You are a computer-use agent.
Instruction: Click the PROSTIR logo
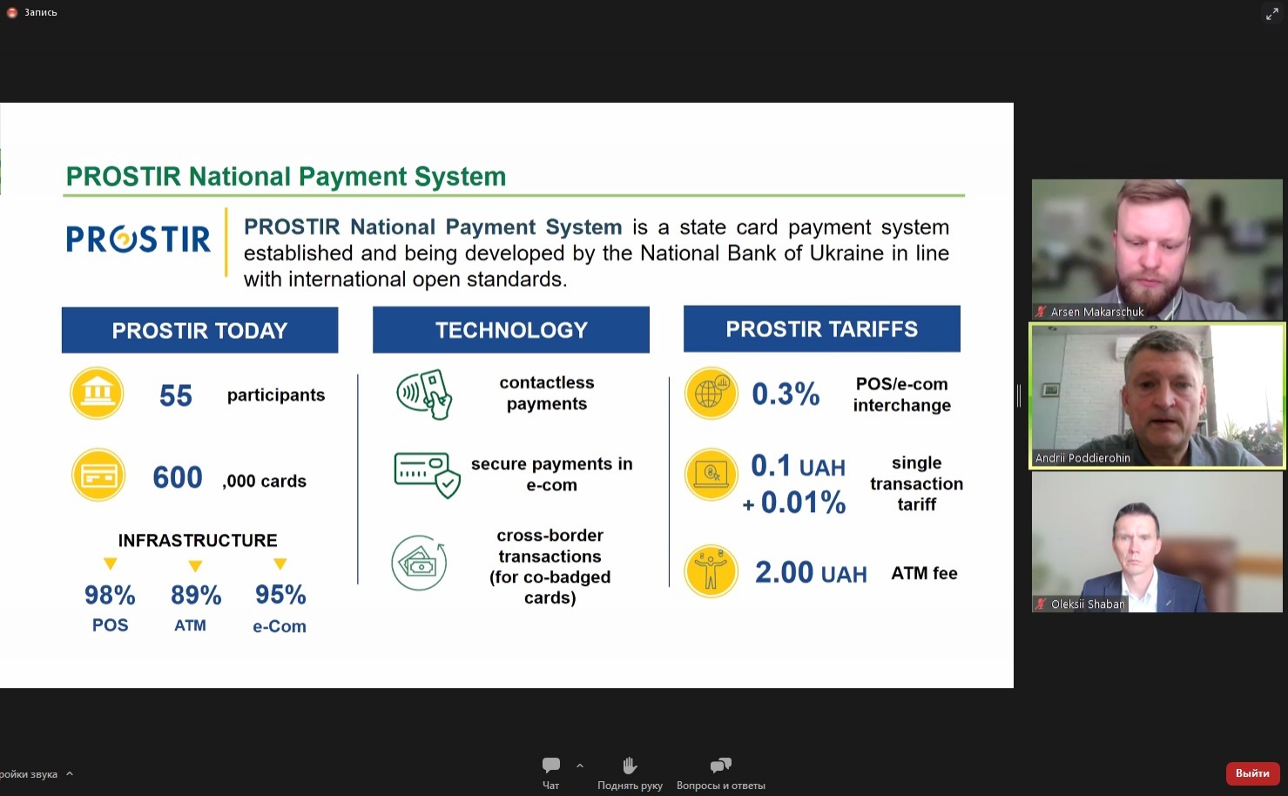[138, 239]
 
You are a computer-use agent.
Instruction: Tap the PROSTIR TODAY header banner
[199, 329]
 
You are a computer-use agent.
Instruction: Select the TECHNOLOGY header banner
[510, 329]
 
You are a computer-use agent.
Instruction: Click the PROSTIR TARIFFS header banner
[822, 328]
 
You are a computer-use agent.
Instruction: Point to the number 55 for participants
[175, 395]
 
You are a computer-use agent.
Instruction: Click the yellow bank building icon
[97, 393]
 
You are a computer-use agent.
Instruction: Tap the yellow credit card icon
[98, 475]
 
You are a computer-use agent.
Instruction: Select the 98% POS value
[110, 595]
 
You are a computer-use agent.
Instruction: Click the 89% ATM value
[195, 595]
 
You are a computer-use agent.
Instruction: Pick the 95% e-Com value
[280, 595]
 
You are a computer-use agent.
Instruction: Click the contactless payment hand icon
[424, 394]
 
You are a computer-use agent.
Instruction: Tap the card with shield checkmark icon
[427, 475]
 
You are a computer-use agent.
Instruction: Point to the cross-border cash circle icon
[419, 563]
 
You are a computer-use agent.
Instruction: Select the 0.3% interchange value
[786, 394]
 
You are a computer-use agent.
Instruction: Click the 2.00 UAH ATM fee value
[811, 573]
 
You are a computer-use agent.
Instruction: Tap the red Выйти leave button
[1252, 773]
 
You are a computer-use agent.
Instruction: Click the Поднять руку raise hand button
[630, 773]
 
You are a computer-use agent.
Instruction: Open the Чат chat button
[551, 773]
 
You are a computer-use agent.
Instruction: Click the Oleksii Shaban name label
[1088, 604]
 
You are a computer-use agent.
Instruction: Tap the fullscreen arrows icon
[1272, 13]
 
